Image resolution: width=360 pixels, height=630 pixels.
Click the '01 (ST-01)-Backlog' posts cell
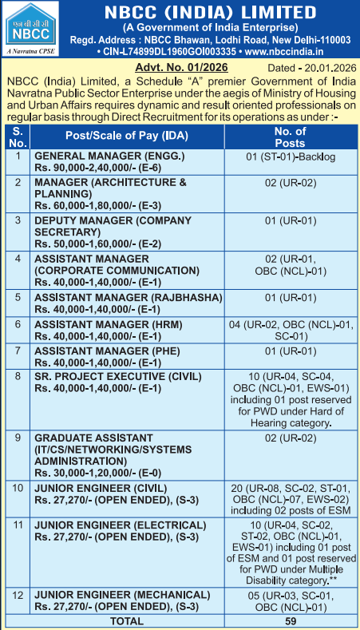click(x=291, y=157)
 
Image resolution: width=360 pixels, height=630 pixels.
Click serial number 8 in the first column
click(x=17, y=375)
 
